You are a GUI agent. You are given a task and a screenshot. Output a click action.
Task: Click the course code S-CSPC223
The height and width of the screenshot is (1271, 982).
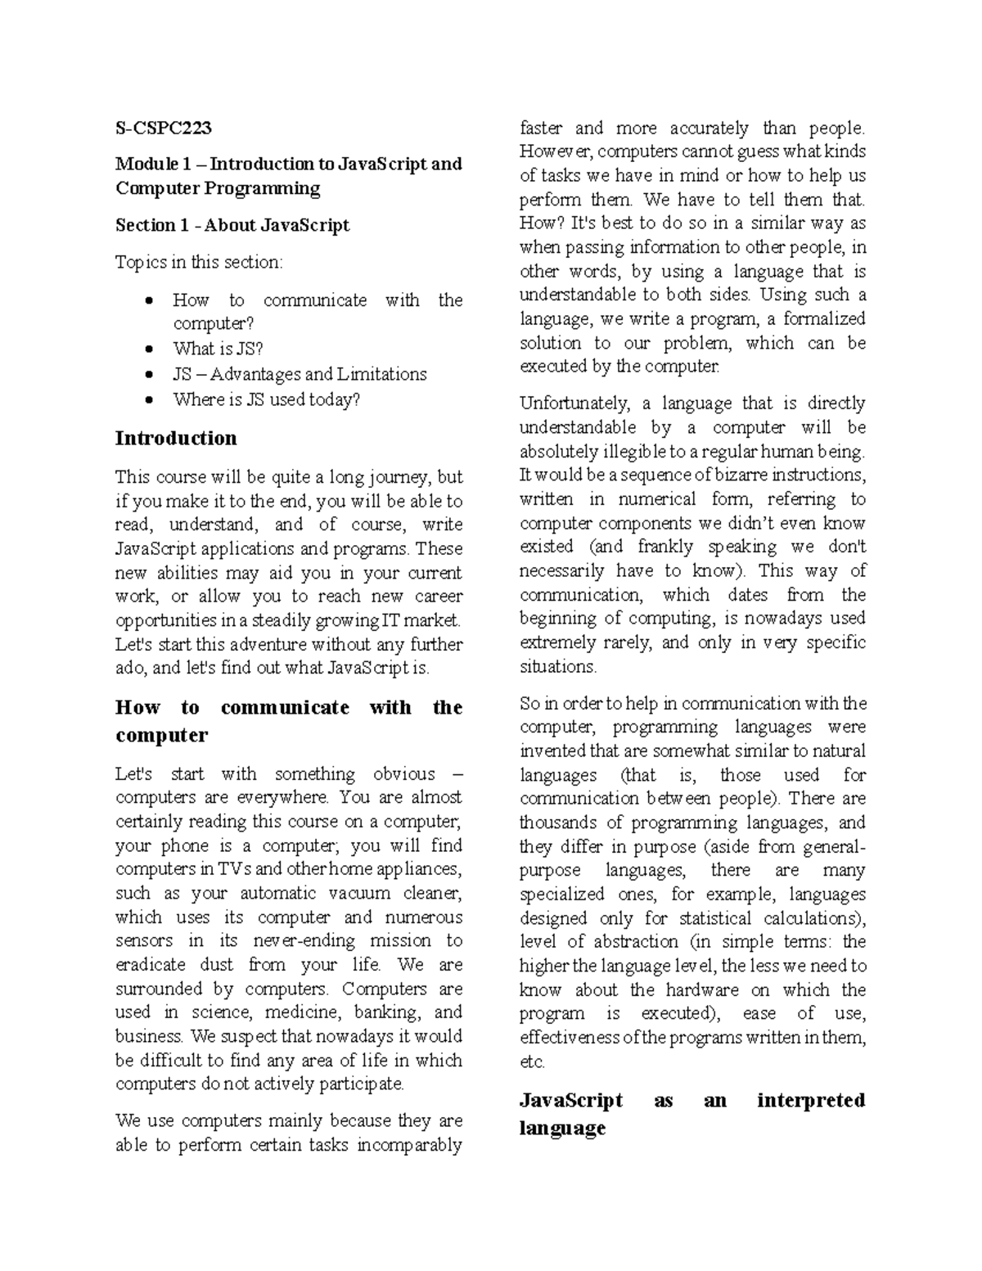click(163, 128)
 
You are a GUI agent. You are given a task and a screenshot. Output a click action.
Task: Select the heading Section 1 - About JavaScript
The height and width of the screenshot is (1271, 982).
click(232, 225)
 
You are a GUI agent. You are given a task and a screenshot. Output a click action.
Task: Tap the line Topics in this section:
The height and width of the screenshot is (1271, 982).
click(199, 262)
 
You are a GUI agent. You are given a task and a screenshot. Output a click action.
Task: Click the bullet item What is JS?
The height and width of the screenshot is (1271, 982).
click(218, 349)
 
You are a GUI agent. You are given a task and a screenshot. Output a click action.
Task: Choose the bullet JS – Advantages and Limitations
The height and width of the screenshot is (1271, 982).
click(300, 374)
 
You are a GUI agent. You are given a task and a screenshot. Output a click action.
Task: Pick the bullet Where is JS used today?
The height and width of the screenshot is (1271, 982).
click(266, 399)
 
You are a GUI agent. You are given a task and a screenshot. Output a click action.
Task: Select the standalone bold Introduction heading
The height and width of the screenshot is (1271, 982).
click(176, 438)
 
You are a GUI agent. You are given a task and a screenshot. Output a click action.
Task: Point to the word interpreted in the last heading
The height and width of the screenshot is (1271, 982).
click(810, 1100)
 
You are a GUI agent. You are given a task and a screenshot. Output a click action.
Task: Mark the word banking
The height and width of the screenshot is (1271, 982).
click(386, 1012)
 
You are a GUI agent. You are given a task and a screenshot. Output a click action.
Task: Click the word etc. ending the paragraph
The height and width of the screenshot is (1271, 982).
click(532, 1062)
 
